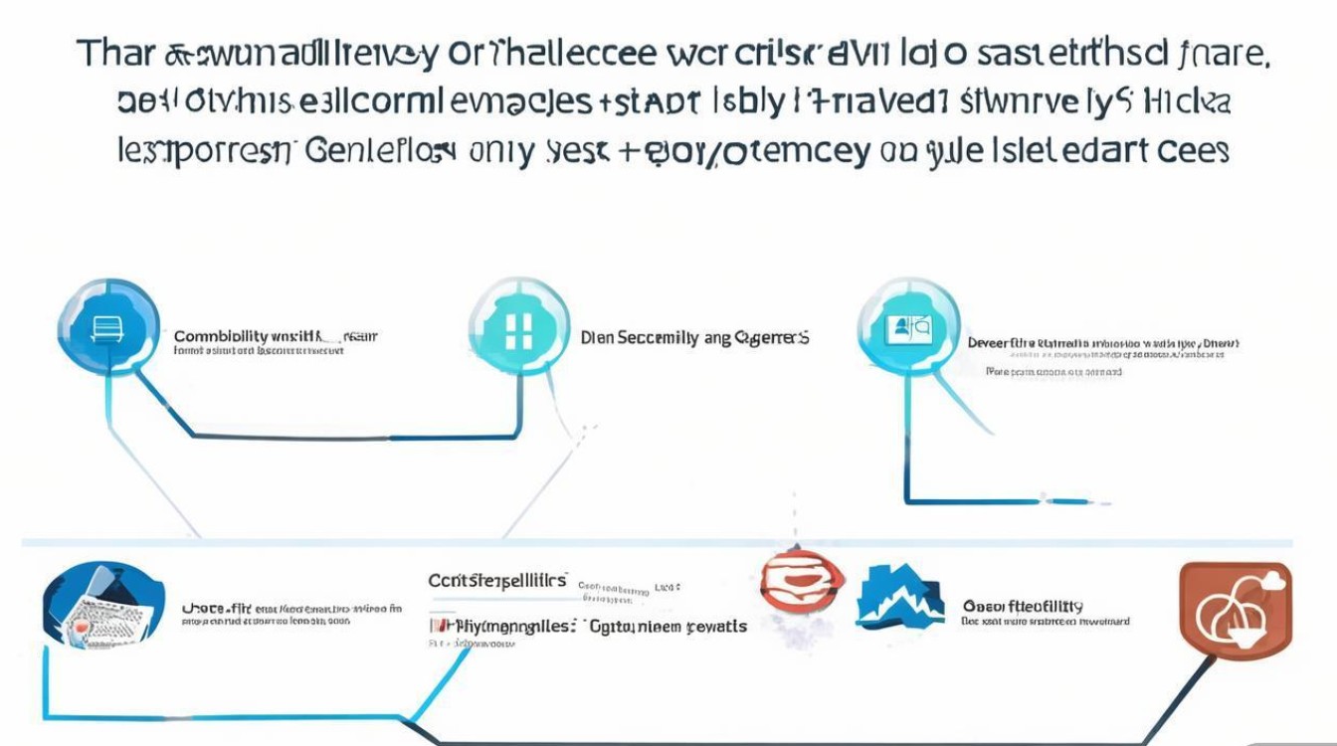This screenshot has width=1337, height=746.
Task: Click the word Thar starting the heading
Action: (x=115, y=54)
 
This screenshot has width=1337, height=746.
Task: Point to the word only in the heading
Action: (x=501, y=151)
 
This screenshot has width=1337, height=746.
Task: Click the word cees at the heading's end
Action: (x=1193, y=151)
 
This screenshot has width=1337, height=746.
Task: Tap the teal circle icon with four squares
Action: (x=517, y=328)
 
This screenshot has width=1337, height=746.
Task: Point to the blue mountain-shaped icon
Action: (x=899, y=597)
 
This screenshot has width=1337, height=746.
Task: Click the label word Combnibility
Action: (x=219, y=336)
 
